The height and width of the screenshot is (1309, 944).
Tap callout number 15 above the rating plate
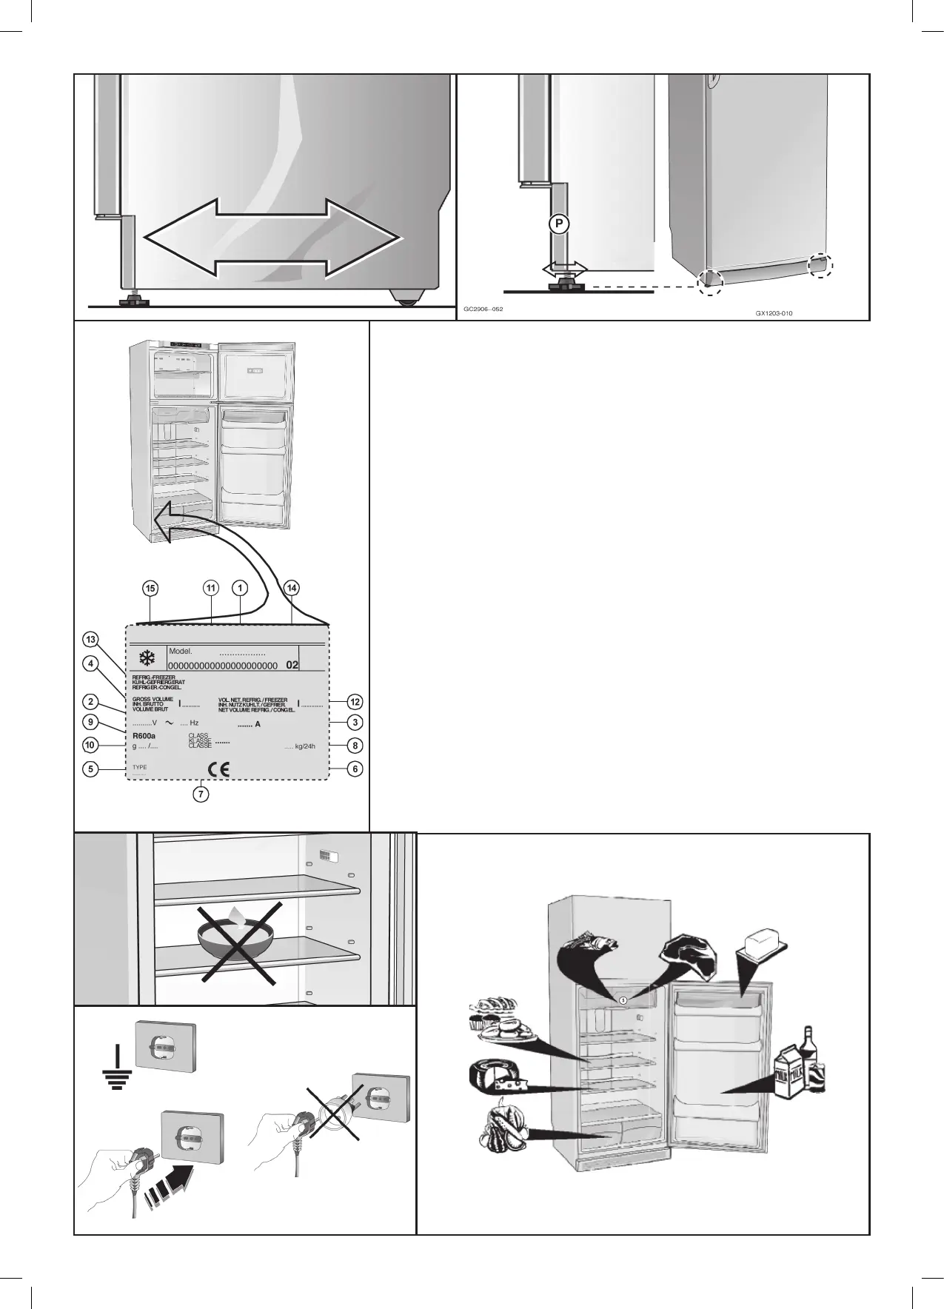150,588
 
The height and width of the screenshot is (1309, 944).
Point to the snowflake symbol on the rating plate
148,657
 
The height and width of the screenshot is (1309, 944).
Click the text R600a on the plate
144,736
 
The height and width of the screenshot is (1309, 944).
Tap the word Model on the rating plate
180,652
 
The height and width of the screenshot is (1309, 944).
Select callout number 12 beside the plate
355,702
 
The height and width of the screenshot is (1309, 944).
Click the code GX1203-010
774,313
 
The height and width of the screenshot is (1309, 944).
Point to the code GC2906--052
483,308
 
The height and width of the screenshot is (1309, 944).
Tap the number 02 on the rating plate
292,666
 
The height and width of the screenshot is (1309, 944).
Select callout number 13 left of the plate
90,639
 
